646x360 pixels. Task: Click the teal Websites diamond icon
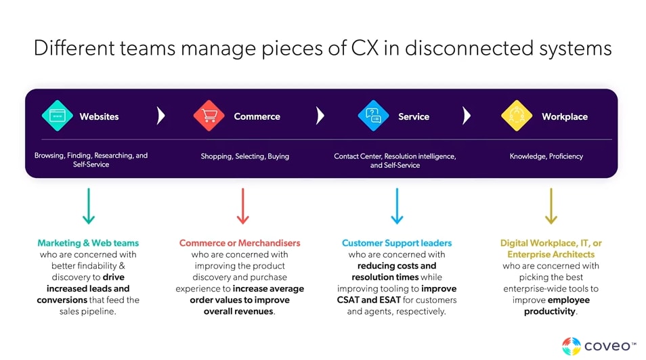(x=57, y=116)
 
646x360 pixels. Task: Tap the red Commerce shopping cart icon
(x=209, y=116)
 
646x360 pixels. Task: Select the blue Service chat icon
(x=373, y=116)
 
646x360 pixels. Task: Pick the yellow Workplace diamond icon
(x=517, y=116)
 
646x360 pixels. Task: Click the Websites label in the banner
(x=99, y=116)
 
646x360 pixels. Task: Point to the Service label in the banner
(x=413, y=116)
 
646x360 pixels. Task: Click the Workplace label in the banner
(x=564, y=116)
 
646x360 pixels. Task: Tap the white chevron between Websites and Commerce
(x=160, y=116)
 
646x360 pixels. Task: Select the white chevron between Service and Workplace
(x=466, y=116)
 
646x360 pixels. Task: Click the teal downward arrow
(x=88, y=206)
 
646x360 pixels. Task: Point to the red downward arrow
(x=242, y=206)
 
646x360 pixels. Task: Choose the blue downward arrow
(x=397, y=206)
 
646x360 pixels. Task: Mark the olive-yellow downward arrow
(x=551, y=206)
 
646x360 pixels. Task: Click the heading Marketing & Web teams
(x=88, y=243)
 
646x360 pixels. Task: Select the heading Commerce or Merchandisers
(x=240, y=243)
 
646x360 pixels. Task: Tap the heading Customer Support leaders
(x=397, y=243)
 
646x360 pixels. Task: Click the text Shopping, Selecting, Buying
(x=244, y=156)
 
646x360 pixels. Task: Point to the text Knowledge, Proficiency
(x=546, y=156)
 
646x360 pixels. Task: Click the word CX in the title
(x=368, y=49)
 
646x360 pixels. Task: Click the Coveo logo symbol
(x=572, y=346)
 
